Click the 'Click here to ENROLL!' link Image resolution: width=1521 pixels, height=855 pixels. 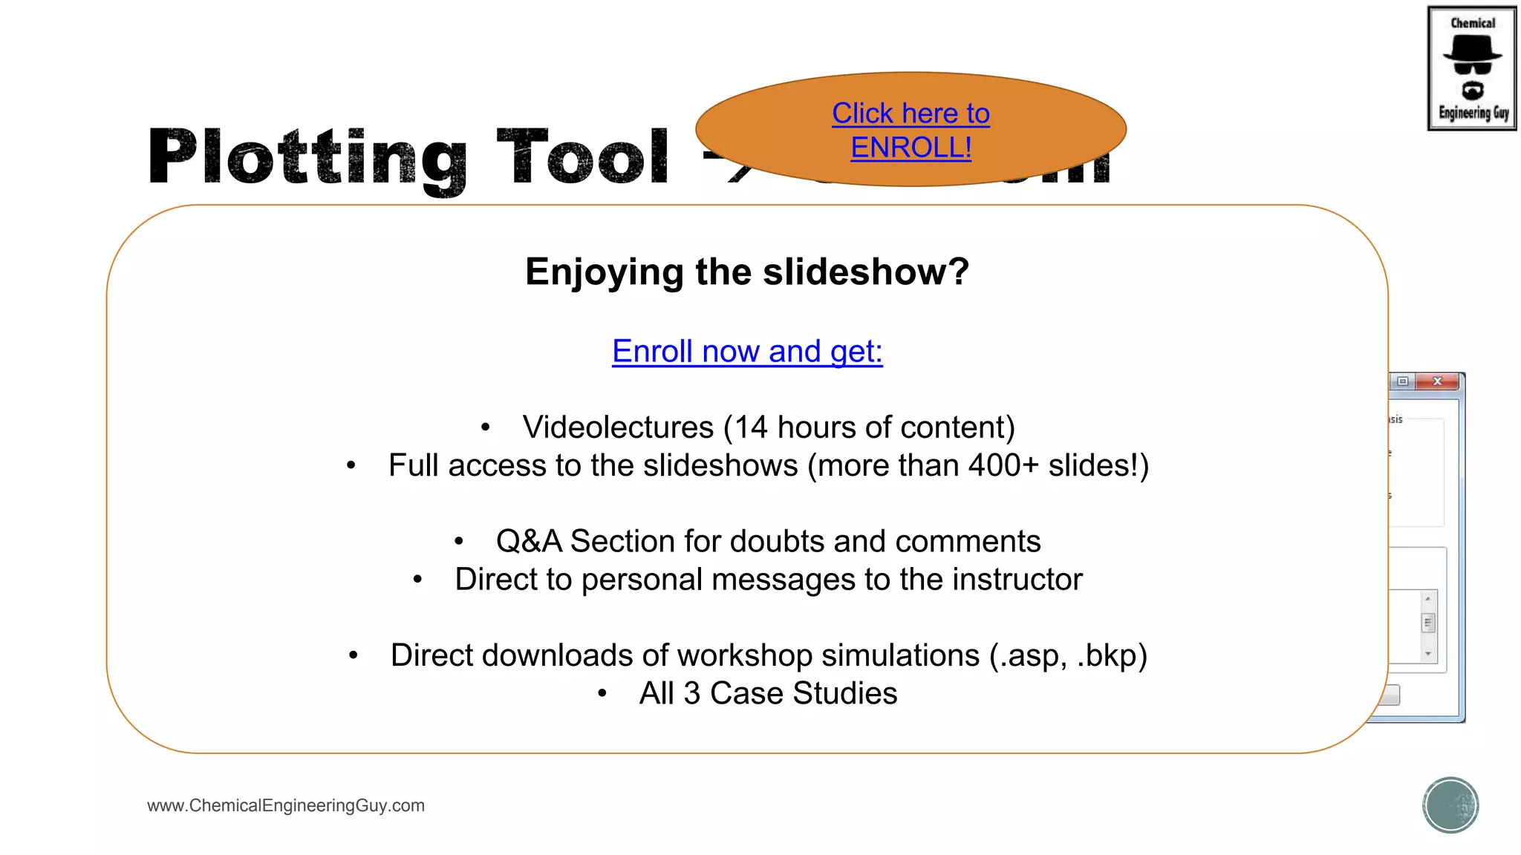[x=911, y=131]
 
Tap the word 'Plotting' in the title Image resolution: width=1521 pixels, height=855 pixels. [x=307, y=157]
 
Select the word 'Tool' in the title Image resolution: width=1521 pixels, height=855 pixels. [x=583, y=157]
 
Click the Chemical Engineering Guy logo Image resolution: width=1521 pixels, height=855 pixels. [x=1472, y=68]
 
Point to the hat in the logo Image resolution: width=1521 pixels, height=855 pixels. [x=1472, y=49]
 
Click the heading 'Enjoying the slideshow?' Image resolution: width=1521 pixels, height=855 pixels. [x=747, y=272]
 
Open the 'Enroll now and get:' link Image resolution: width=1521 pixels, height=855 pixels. [x=747, y=351]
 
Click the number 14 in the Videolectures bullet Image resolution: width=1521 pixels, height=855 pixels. [x=751, y=427]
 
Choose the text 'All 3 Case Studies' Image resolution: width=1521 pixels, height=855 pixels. [x=768, y=694]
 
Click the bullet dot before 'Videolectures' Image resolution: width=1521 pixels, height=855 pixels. [x=486, y=427]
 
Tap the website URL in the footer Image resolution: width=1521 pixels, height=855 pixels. [x=286, y=805]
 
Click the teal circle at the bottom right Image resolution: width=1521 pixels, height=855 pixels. [x=1450, y=805]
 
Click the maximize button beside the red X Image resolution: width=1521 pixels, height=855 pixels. [x=1402, y=381]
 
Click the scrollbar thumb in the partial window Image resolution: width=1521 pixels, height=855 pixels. [x=1427, y=623]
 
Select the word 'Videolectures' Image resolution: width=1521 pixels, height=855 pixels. [x=618, y=427]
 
